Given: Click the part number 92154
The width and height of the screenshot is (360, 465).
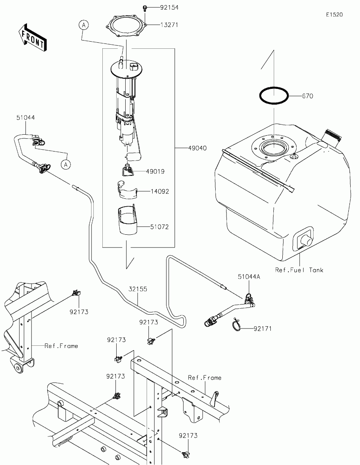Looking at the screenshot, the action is [169, 8].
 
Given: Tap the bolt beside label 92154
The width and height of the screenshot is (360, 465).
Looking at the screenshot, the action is [145, 9].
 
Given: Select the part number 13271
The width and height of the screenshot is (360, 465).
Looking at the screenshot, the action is [169, 25].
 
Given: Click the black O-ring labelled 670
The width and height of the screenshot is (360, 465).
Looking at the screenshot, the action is [274, 96].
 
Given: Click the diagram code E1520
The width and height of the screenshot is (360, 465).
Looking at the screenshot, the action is [334, 15].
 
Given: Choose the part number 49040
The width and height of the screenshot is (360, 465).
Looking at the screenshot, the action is [197, 148].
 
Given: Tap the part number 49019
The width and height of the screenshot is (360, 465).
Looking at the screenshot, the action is [156, 171].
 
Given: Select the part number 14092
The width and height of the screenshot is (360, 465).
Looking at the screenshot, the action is [160, 191].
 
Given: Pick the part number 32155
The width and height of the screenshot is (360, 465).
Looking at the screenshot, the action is [138, 289].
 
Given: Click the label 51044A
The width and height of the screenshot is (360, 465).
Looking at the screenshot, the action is [249, 277].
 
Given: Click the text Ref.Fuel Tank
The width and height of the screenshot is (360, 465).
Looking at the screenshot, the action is [299, 270].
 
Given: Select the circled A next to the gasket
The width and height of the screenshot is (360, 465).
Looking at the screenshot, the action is [84, 25].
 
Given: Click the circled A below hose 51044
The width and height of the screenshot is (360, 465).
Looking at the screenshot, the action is [66, 165].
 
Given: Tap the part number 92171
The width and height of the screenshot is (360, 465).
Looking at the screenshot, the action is [262, 329].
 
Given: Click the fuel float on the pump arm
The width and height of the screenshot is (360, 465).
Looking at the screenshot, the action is [133, 157].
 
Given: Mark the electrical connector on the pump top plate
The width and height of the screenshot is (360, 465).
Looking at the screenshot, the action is [134, 66].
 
